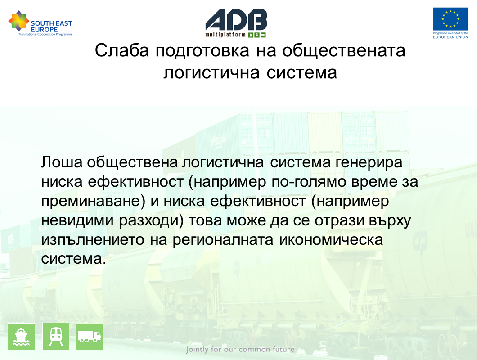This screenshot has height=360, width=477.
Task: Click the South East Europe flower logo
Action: pos(19,21)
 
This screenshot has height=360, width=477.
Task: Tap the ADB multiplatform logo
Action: pos(236,23)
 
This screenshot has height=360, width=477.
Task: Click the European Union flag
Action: pos(450,19)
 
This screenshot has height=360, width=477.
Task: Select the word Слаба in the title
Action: pos(121,50)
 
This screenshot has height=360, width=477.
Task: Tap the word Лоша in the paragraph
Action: pos(62,162)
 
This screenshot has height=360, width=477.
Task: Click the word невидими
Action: pos(77,220)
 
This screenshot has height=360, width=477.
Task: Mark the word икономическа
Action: pos(331,240)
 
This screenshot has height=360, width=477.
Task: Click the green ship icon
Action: pos(21,337)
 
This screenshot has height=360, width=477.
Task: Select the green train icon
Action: pos(56,337)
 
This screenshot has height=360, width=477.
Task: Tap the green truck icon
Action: pos(90,337)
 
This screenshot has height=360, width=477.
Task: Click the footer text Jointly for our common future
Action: pos(240,349)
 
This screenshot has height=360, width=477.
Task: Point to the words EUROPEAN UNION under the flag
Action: pos(450,37)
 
